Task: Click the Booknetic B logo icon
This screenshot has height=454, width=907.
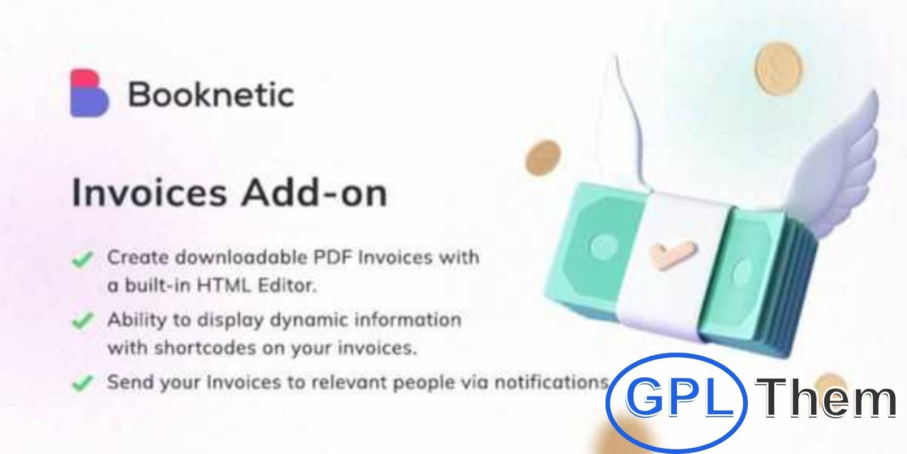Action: (90, 93)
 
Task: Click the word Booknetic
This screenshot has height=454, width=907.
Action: (211, 95)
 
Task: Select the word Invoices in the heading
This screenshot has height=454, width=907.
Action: (149, 193)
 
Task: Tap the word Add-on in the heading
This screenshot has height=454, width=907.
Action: (314, 193)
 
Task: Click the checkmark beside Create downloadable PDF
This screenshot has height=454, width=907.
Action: (83, 259)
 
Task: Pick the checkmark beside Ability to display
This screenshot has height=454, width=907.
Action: (83, 321)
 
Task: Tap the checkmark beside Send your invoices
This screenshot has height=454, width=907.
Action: (83, 383)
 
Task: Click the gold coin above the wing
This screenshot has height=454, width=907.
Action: (779, 69)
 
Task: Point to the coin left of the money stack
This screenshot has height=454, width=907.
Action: (543, 158)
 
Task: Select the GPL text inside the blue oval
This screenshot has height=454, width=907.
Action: (680, 397)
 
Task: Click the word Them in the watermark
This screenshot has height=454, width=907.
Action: (825, 397)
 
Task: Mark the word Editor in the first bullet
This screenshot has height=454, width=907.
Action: (287, 285)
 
